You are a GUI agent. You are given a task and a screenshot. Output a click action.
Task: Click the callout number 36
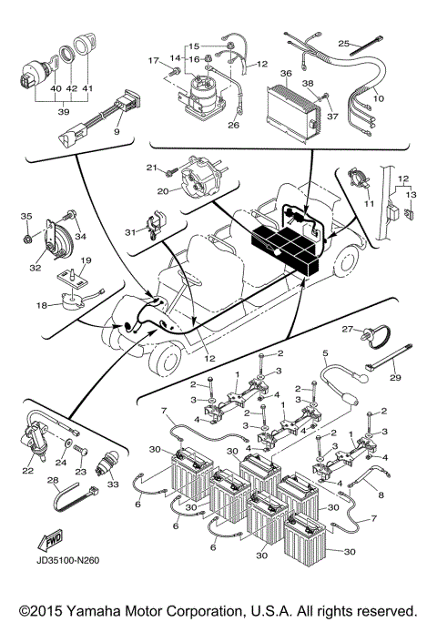[286, 74]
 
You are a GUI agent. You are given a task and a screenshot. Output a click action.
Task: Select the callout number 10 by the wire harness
[378, 97]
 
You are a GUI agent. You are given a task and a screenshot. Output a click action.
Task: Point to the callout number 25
[343, 43]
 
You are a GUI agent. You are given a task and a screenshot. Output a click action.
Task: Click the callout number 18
[42, 306]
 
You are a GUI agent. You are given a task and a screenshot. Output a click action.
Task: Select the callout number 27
[347, 329]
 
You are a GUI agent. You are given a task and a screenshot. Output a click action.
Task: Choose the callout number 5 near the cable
[324, 352]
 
